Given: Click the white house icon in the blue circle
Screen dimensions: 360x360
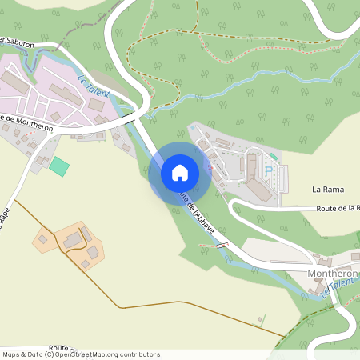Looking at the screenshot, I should (x=180, y=172).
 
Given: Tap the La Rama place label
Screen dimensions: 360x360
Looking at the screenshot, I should (x=327, y=190).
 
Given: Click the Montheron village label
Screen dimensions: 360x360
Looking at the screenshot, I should (x=333, y=273).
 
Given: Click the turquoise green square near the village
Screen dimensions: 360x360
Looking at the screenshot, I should (x=58, y=166).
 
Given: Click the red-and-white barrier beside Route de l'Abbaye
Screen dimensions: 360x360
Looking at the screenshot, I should (x=223, y=245).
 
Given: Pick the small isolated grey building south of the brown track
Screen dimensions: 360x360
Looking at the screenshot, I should (x=260, y=321).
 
